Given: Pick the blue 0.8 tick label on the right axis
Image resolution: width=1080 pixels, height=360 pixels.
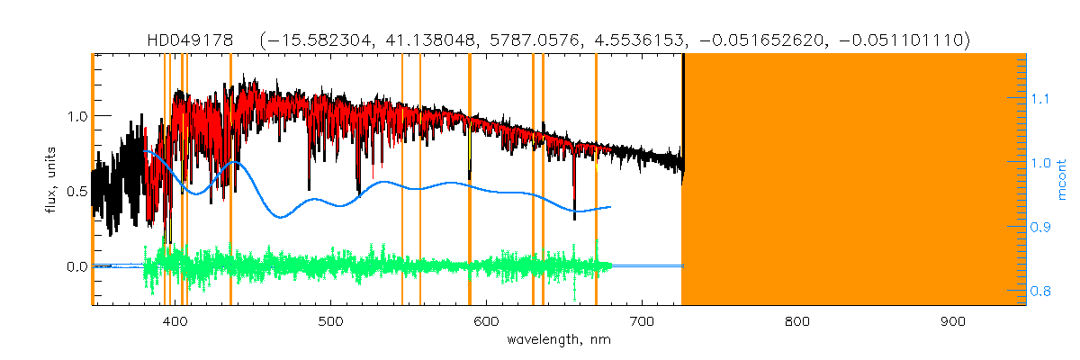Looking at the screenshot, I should pos(1040,292).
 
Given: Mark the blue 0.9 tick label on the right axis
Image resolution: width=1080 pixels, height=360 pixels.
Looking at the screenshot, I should pos(1040,228).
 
